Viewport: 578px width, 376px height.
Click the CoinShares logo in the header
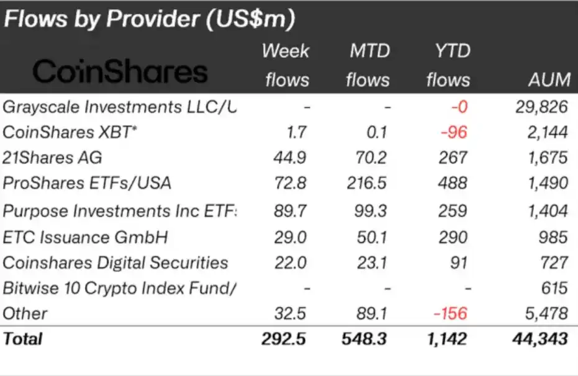120,73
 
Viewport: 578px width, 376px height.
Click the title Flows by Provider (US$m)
148,19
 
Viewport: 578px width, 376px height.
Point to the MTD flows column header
368,65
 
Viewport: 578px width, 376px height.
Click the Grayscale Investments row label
120,107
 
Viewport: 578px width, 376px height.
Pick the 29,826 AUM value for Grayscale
541,107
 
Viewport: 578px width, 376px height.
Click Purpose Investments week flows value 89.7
290,211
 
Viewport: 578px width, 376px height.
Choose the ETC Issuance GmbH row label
86,237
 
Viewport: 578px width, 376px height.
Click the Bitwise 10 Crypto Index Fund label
120,288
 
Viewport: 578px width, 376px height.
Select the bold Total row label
23,339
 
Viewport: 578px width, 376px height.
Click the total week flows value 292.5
284,339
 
